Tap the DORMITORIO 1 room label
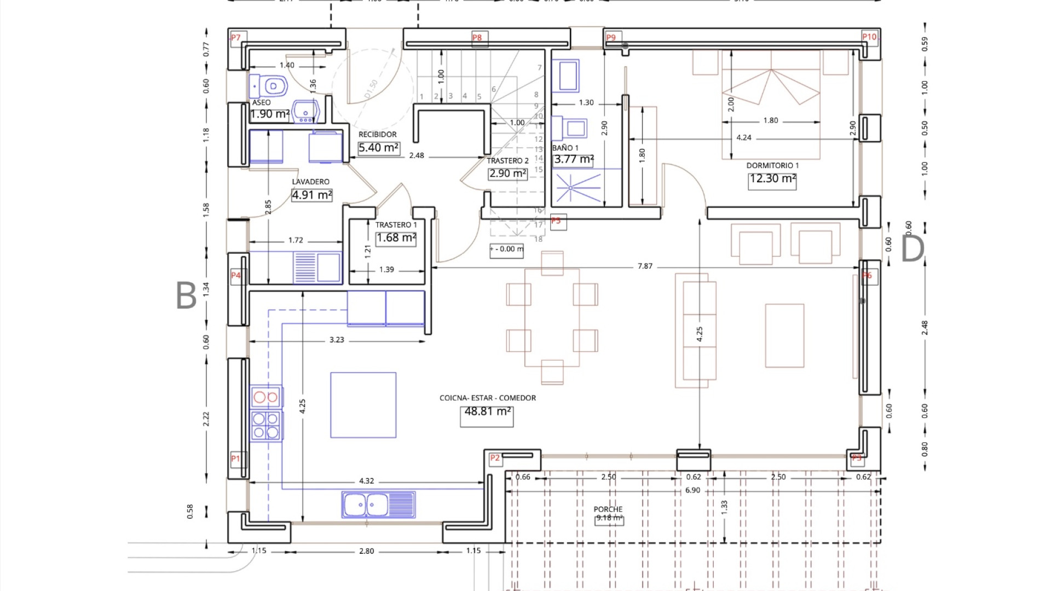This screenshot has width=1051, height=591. pyautogui.click(x=772, y=165)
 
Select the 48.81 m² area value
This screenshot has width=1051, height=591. pyautogui.click(x=487, y=412)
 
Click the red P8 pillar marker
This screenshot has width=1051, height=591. pyautogui.click(x=477, y=38)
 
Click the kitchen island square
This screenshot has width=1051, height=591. pyautogui.click(x=363, y=405)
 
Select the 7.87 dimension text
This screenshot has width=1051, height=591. pyautogui.click(x=645, y=266)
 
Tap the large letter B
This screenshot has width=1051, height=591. pyautogui.click(x=186, y=296)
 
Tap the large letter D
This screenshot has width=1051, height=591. pyautogui.click(x=912, y=248)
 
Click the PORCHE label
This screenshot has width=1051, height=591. pyautogui.click(x=608, y=509)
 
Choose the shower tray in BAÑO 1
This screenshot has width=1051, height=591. pyautogui.click(x=571, y=188)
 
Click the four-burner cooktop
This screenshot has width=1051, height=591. pyautogui.click(x=266, y=426)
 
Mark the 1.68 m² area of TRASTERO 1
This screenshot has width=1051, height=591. pyautogui.click(x=396, y=238)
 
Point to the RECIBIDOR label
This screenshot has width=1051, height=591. pyautogui.click(x=377, y=135)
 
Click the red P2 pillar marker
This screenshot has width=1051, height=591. pyautogui.click(x=495, y=458)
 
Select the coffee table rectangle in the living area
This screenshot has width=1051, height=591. pyautogui.click(x=784, y=335)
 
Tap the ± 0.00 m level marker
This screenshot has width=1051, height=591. pyautogui.click(x=506, y=249)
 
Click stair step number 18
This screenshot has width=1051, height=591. pyautogui.click(x=538, y=239)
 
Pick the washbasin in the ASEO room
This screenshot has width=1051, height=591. pyautogui.click(x=305, y=111)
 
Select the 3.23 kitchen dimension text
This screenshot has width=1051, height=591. pyautogui.click(x=337, y=340)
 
